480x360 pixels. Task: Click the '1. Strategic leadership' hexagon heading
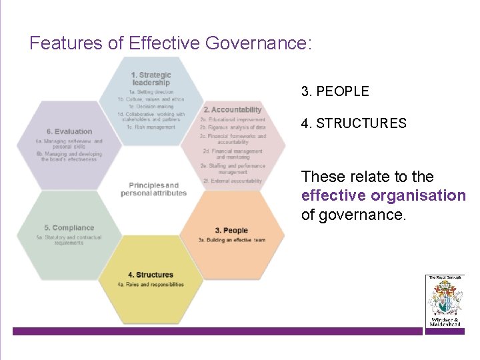151,79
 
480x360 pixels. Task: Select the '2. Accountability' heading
233,109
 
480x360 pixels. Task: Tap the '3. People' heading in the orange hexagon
231,231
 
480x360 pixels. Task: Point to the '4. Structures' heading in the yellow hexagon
151,275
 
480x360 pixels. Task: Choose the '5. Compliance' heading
69,228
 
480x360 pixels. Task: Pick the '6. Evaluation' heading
69,131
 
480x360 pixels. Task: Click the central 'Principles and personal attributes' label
153,189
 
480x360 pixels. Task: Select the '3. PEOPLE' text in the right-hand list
335,91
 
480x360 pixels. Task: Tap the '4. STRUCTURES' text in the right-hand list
353,123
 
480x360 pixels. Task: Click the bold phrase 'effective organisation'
383,196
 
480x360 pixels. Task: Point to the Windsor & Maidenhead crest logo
443,300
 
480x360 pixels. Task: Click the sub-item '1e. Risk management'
151,127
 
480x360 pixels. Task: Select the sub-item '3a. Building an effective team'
231,240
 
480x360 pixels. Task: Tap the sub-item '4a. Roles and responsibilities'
151,285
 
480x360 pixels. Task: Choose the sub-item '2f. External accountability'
232,181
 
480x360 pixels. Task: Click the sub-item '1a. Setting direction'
151,92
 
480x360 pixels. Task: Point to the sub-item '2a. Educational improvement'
232,119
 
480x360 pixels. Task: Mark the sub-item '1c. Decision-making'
151,106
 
